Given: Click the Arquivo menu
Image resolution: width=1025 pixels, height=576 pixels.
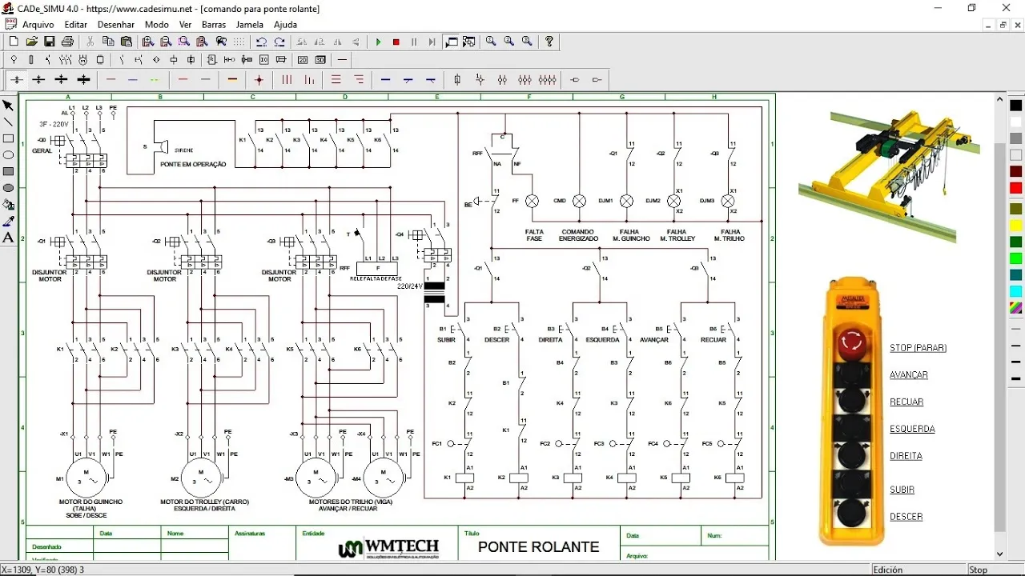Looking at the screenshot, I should tap(38, 25).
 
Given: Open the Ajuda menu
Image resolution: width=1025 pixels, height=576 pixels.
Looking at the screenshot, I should tap(285, 25).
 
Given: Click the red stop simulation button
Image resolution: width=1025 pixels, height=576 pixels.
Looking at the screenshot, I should tap(396, 42).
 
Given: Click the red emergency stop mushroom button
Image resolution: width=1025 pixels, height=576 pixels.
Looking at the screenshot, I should tap(851, 343).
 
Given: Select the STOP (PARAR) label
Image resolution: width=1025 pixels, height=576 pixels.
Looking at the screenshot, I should tap(918, 348).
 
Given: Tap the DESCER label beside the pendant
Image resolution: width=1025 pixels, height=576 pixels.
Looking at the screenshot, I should tap(906, 517).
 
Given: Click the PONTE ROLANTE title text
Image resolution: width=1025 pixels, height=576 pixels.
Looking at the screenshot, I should tap(538, 547).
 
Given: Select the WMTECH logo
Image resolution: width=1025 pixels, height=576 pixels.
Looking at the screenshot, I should tap(389, 548).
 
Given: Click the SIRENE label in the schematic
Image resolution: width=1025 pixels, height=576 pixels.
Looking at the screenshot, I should tap(184, 150).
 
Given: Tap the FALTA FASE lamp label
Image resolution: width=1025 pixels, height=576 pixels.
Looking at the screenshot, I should tap(534, 234).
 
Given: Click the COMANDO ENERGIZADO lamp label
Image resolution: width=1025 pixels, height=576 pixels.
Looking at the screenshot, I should tap(578, 234).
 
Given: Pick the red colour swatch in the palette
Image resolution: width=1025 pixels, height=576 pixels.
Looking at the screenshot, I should tap(1016, 188).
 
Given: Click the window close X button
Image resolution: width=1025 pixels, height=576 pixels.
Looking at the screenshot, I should tap(1007, 8).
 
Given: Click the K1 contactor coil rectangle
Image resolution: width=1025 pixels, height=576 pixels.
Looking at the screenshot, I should tap(464, 478).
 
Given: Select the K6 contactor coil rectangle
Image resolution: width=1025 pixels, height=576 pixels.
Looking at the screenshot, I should tap(734, 478).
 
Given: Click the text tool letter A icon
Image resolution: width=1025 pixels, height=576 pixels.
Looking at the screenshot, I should tap(8, 238).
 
